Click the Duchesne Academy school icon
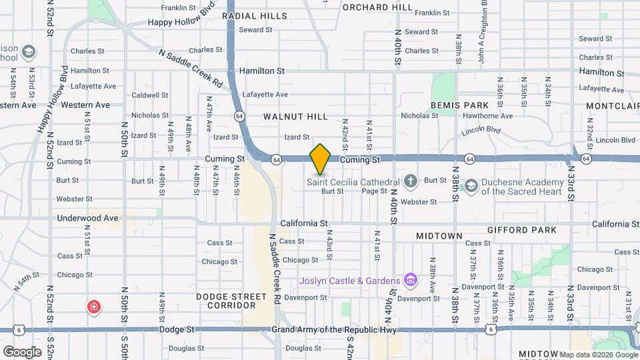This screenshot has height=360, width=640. click(471, 185)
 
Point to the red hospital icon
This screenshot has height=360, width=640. click(94, 307)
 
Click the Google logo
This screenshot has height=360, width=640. click(22, 351)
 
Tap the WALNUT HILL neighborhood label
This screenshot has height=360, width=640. click(295, 117)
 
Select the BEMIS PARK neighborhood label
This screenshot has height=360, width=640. click(459, 105)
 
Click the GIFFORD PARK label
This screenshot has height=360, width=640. click(531, 230)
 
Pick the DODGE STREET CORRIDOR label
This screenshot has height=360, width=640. click(226, 301)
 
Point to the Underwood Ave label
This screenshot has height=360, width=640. click(87, 218)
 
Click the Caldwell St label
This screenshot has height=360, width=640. click(150, 95)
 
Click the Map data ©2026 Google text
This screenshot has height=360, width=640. click(597, 355)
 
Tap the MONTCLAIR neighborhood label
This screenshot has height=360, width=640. click(612, 106)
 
